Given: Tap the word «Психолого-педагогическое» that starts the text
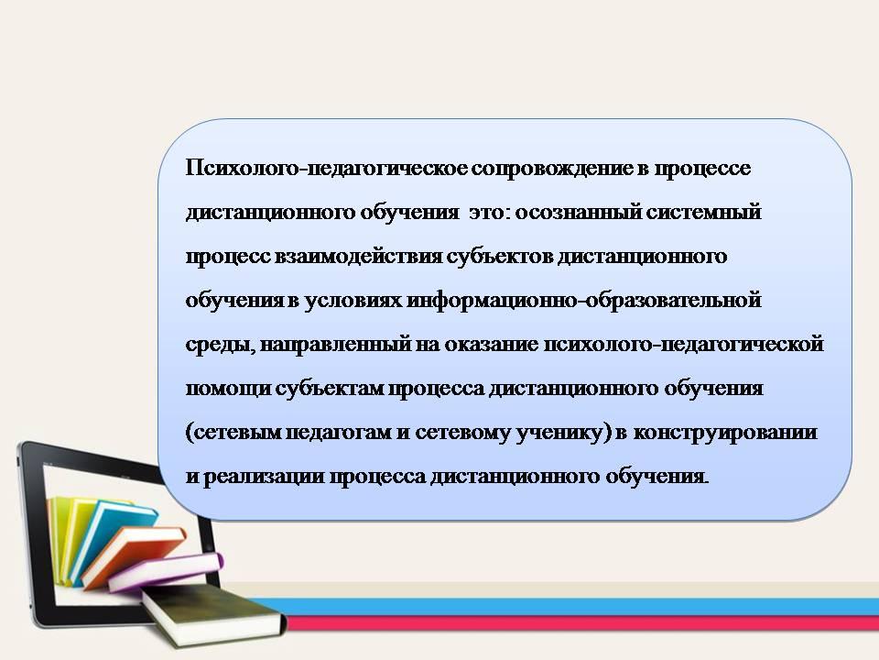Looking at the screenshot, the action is [326, 169].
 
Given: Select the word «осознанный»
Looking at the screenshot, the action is [578, 212].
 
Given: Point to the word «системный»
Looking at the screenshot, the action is [703, 212].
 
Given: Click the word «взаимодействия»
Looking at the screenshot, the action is [358, 257].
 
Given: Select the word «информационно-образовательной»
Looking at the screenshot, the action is [584, 301].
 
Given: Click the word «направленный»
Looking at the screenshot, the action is [336, 344].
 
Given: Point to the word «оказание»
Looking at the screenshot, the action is [491, 344].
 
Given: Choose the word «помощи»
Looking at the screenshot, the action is [228, 389].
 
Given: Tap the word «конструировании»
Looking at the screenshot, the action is [725, 432].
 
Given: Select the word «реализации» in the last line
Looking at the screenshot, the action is [264, 477].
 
